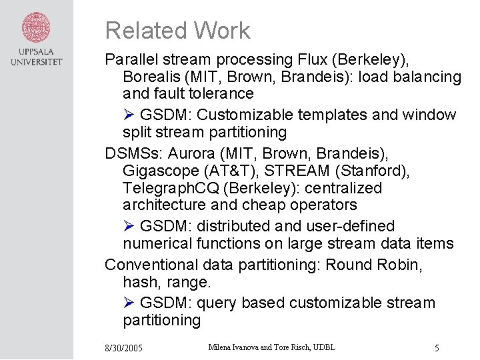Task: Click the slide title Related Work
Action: pos(177,31)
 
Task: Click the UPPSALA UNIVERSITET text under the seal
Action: pos(36,57)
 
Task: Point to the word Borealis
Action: pos(151,77)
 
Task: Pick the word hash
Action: pos(139,282)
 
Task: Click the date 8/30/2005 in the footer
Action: pos(123,349)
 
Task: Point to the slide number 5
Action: pos(436,348)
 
